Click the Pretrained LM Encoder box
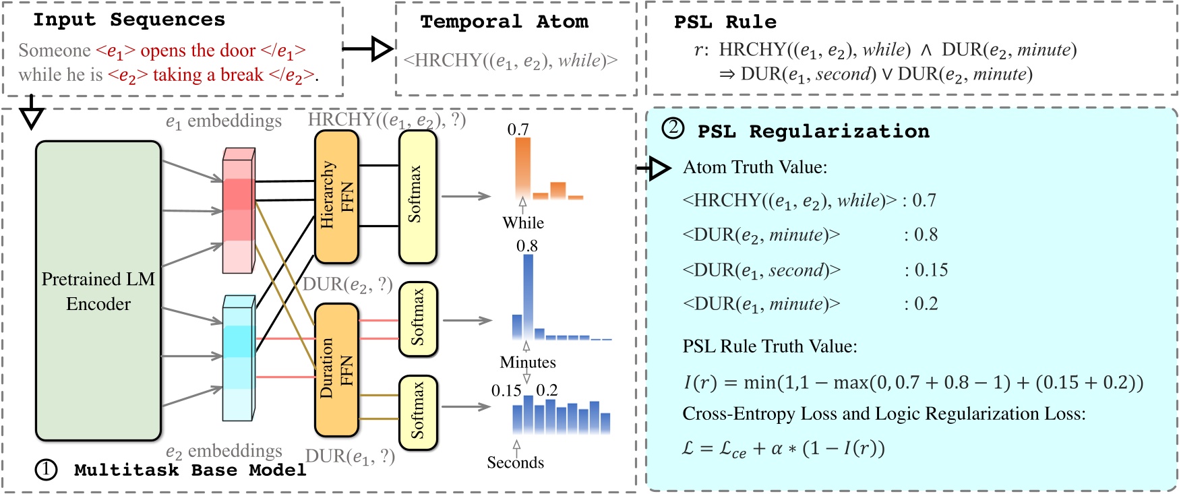[x=98, y=291]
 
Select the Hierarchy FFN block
[x=336, y=196]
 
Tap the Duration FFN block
[x=336, y=369]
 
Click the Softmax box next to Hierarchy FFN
[x=417, y=196]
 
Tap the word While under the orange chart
[x=523, y=223]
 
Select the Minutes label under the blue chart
[x=528, y=363]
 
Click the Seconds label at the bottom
[x=516, y=462]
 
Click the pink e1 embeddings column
[x=239, y=210]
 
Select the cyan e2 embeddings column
[x=239, y=358]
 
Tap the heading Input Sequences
[x=129, y=20]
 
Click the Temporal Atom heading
[x=504, y=22]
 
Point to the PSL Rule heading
[x=725, y=22]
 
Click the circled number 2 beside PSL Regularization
[x=673, y=128]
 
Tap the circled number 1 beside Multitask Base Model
[x=46, y=470]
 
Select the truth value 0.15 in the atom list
[x=931, y=270]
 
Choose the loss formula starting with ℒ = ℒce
[x=783, y=448]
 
